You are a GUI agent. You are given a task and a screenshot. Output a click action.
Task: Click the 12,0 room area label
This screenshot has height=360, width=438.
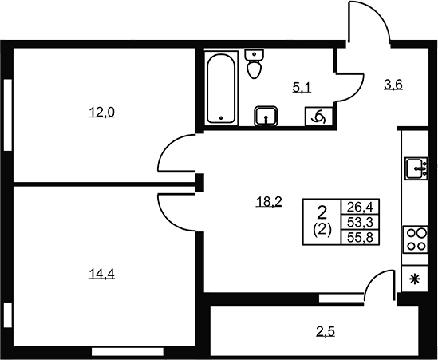pyautogui.click(x=101, y=113)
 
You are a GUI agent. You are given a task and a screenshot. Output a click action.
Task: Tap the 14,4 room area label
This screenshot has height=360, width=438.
pyautogui.click(x=101, y=275)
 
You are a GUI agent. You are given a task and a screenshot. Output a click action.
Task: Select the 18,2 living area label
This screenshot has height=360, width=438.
pyautogui.click(x=269, y=201)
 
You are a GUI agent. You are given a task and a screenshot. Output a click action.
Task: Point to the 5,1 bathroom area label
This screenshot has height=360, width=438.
pyautogui.click(x=302, y=88)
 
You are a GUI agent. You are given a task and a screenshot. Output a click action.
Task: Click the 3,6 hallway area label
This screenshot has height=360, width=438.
pyautogui.click(x=393, y=85)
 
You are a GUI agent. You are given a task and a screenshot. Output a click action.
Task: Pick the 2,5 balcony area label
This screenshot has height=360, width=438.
pyautogui.click(x=326, y=332)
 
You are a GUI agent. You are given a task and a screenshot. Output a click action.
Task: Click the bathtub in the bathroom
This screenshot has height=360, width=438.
pyautogui.click(x=221, y=88)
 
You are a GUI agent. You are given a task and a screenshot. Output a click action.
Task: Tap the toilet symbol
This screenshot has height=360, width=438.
pyautogui.click(x=254, y=64)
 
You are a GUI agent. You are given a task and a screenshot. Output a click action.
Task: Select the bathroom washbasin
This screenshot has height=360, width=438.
pyautogui.click(x=266, y=116)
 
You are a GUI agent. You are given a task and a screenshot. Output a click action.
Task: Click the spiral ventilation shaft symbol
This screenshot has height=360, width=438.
pyautogui.click(x=318, y=116)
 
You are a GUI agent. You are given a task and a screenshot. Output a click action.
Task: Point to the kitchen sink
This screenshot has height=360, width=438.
pyautogui.click(x=416, y=168)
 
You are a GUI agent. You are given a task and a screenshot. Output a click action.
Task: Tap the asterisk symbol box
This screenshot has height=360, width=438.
pyautogui.click(x=415, y=279)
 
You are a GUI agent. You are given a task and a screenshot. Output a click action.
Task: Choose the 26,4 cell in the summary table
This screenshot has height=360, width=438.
pyautogui.click(x=360, y=207)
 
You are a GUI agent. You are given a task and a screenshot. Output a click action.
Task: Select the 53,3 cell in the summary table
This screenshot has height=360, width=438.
pyautogui.click(x=360, y=223)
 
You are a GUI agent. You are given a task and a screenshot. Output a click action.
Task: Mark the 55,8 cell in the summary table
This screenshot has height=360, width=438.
pyautogui.click(x=360, y=238)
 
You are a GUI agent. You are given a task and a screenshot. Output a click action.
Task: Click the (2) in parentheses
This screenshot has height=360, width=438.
pyautogui.click(x=322, y=231)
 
